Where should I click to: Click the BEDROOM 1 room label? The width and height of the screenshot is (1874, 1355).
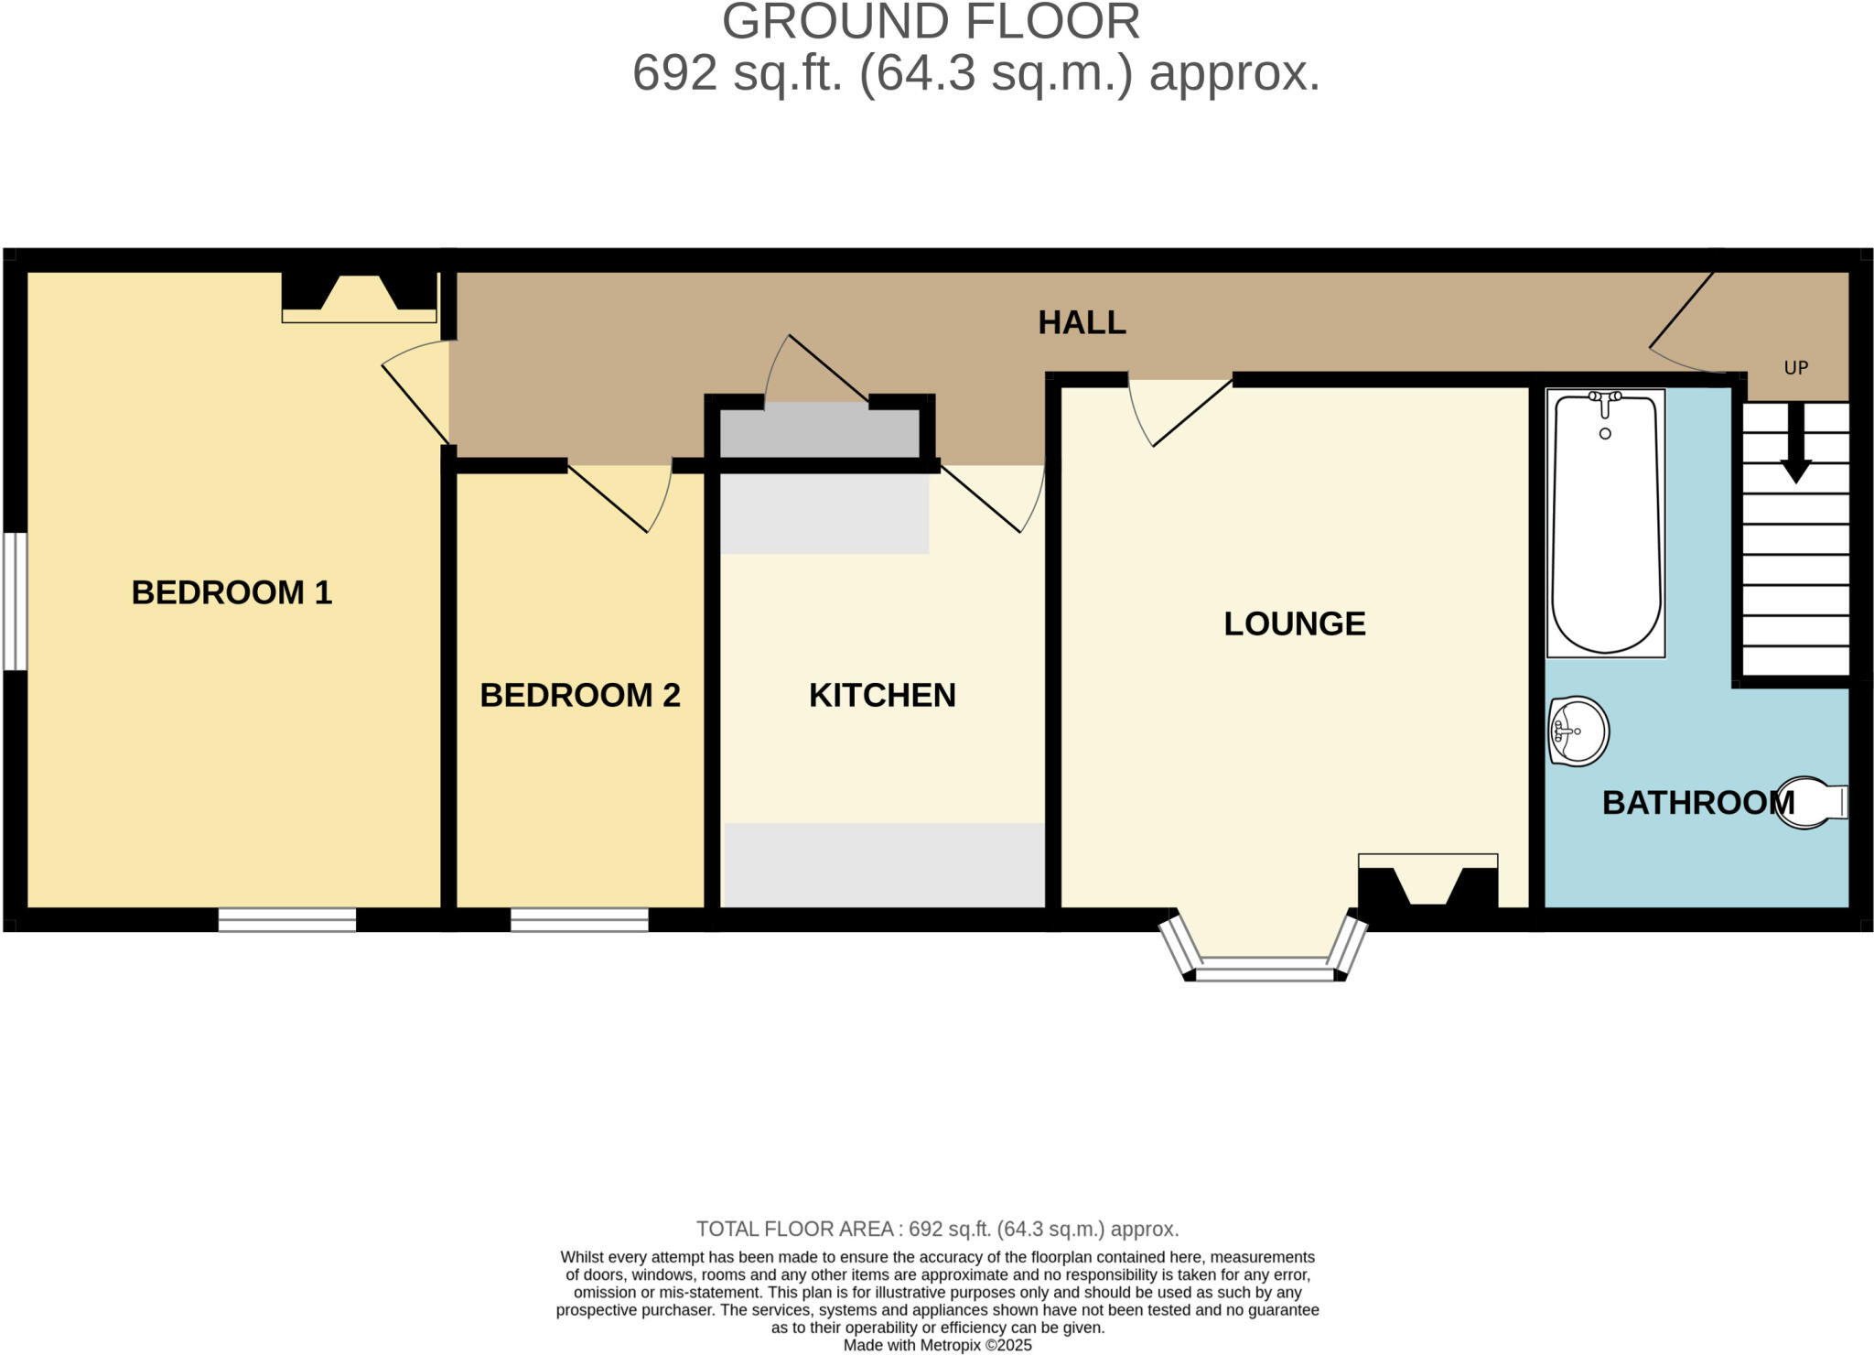232,592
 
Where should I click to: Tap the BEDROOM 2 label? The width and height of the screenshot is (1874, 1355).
580,695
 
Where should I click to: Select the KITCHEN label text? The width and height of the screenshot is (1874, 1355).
882,695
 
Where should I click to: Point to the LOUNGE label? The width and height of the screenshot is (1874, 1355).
1294,623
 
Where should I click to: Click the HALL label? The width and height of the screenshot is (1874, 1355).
1082,322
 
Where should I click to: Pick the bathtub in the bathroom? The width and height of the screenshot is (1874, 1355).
1605,523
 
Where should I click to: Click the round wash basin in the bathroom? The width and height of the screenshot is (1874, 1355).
1578,731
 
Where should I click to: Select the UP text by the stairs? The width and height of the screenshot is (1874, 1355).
1795,368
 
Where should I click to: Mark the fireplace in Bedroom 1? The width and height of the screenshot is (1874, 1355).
359,296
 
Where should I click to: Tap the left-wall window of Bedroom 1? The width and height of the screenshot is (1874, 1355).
15,602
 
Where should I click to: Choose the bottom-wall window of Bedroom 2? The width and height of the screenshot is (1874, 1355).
579,919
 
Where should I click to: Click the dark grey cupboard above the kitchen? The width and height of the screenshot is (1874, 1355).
819,433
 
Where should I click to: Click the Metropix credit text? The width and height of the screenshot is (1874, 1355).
937,1345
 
